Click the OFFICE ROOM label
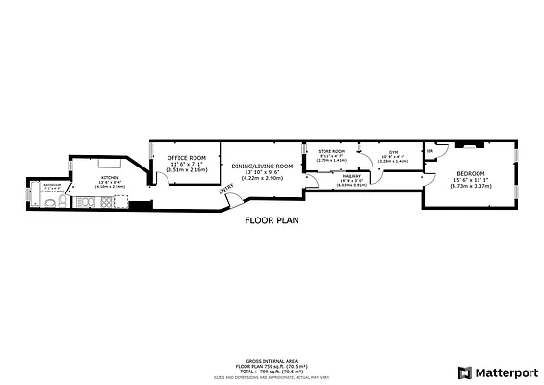pos(188,157)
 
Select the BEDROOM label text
pos(471,174)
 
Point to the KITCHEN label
pos(109,178)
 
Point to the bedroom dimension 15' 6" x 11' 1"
pos(471,180)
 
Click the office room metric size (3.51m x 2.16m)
pos(188,169)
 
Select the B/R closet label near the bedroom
pos(430,152)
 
